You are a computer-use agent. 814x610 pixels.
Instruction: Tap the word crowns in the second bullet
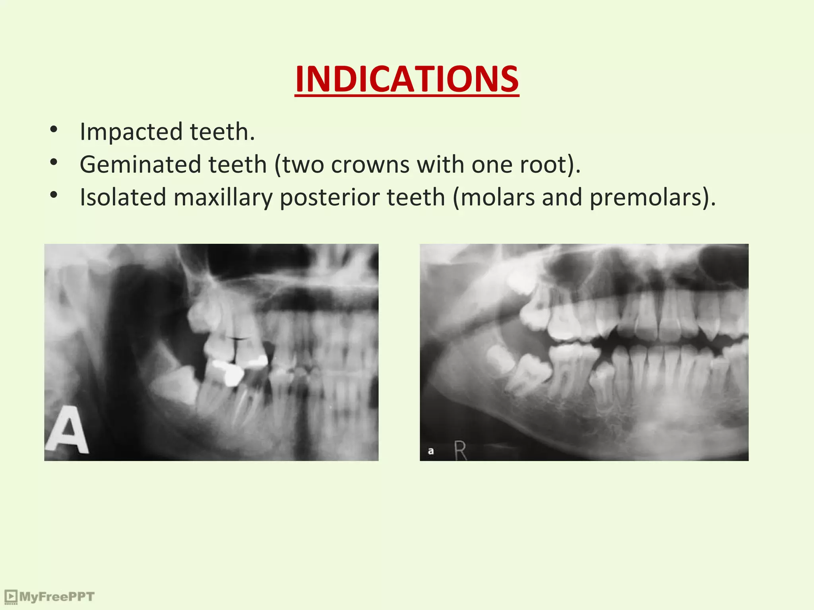370,165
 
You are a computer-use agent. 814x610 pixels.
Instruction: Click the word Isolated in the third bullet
123,197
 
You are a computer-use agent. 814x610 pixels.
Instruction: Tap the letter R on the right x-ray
460,451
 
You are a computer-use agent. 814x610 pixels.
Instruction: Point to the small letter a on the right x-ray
430,451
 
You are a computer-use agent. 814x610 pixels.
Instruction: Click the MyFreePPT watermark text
57,596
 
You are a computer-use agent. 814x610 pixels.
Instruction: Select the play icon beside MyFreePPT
11,596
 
